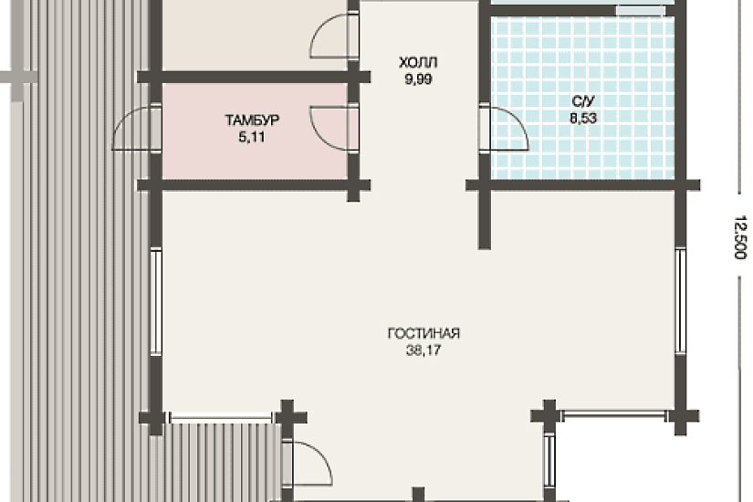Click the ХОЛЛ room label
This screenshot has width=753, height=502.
click(418, 63)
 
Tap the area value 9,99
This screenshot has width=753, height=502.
click(418, 79)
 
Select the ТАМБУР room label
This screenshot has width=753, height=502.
click(252, 120)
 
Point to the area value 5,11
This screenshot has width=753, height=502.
click(252, 137)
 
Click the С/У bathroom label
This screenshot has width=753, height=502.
click(583, 101)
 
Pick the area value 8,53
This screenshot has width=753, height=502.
click(583, 118)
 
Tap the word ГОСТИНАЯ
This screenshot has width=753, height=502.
click(424, 333)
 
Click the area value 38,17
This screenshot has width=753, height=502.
click(424, 350)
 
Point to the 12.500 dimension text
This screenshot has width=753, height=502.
click(741, 237)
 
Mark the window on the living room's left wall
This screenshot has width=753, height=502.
click(156, 302)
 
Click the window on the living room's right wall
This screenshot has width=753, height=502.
click(681, 302)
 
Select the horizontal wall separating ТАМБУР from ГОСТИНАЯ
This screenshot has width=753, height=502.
click(254, 185)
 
